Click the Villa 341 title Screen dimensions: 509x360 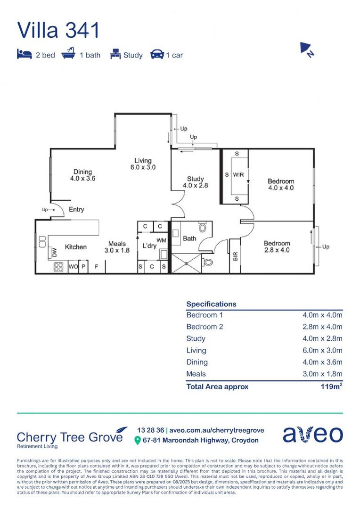point(58,30)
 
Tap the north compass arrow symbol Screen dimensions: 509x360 point(307,49)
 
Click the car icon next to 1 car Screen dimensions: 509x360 point(157,55)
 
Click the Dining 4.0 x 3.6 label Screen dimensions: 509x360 point(82,175)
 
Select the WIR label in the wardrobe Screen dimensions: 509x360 point(238,174)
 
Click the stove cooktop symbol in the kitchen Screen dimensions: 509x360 point(59,267)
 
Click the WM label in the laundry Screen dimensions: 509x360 point(161,240)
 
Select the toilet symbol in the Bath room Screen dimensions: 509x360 point(203,228)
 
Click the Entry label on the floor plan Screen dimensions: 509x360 point(76,209)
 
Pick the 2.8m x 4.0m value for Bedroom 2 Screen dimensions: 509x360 point(322,327)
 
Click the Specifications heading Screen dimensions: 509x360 point(211,304)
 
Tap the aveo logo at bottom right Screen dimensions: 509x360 point(312,435)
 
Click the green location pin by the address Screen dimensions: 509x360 point(138,440)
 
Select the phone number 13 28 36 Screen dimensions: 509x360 point(150,430)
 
